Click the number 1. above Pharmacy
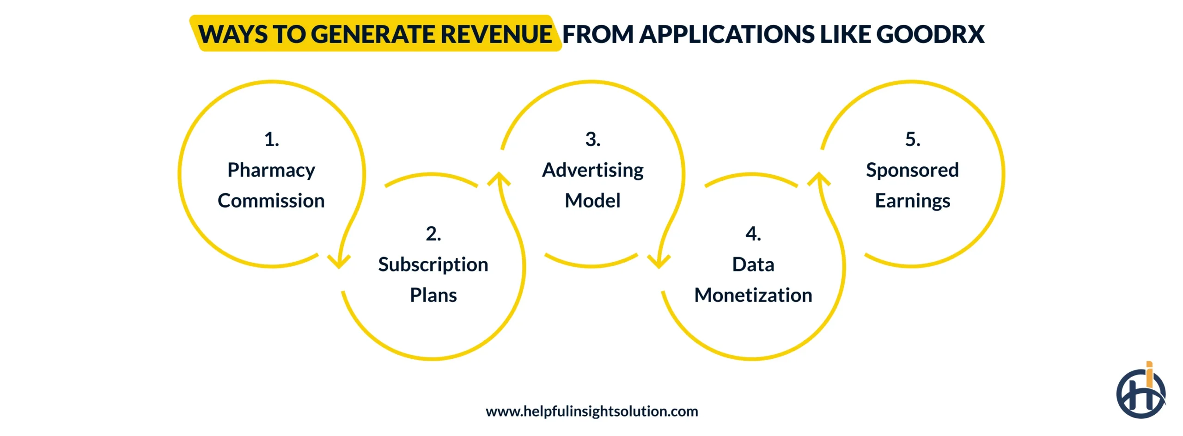tap(272, 139)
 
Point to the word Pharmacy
tap(271, 170)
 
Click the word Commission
tap(271, 201)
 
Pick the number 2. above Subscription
tap(433, 233)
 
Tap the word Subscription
tap(433, 264)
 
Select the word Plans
tap(433, 295)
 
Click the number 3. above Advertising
tap(593, 139)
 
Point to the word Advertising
tap(593, 170)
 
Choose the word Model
tap(593, 201)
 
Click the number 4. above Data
tap(753, 233)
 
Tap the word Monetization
tap(753, 295)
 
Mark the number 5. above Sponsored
tap(913, 139)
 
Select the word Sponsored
tap(913, 170)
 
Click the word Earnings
tap(913, 201)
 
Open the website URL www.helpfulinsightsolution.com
tap(592, 411)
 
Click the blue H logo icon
tap(1140, 393)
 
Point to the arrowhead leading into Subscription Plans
tap(339, 263)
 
